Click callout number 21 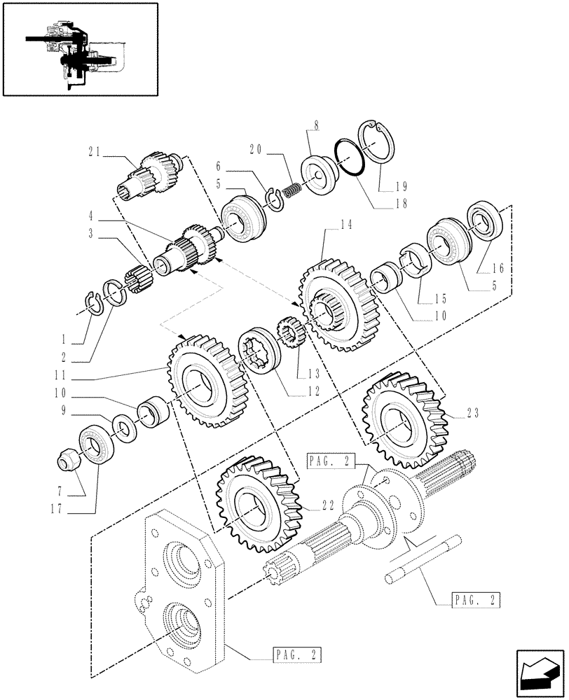tap(95, 150)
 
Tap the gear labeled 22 tap(255, 504)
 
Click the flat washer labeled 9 tap(121, 428)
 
